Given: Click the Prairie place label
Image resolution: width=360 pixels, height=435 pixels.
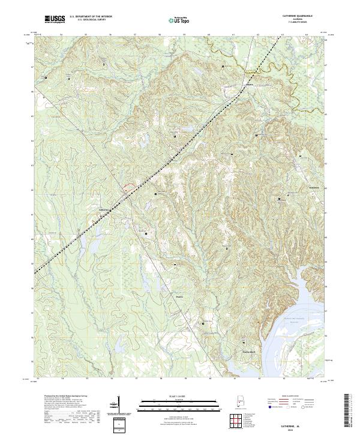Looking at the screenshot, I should [x=179, y=295].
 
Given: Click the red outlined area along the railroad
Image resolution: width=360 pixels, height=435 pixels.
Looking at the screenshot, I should [x=127, y=190].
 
